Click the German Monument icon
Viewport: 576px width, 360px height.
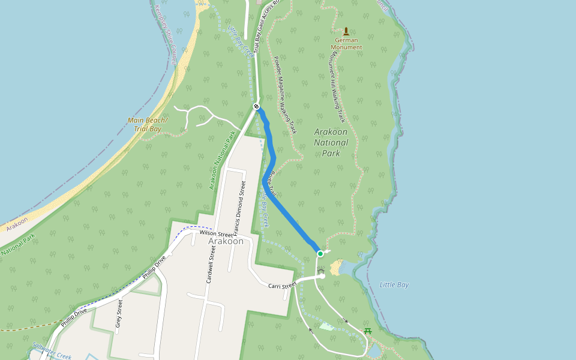tap(346, 31)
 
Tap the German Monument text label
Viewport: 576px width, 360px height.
tap(346, 43)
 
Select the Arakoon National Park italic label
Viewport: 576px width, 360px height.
tap(331, 142)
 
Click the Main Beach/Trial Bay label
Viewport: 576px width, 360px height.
tap(148, 124)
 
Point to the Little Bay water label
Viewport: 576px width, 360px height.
tap(394, 284)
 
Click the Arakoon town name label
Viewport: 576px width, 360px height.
tap(226, 241)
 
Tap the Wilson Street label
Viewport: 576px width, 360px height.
tap(216, 233)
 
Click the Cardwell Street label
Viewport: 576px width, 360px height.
tap(211, 263)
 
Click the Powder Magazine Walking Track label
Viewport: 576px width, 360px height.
tap(285, 95)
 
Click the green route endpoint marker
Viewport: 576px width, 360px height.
tap(320, 254)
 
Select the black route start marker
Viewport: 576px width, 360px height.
tap(257, 106)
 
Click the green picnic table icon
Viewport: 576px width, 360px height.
tap(368, 331)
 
